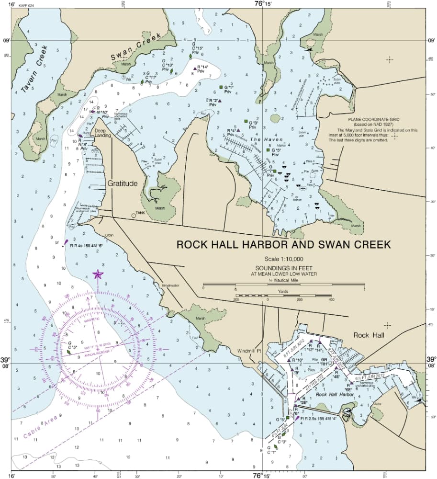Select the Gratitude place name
click(122, 183)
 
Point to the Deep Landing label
click(102, 133)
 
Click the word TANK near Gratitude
click(140, 213)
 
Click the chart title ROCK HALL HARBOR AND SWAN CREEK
click(283, 244)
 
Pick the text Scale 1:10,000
click(283, 259)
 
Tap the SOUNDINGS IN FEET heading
click(283, 268)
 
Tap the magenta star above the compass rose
click(98, 274)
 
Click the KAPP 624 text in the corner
click(27, 5)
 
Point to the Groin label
click(109, 235)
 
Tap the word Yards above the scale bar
click(284, 291)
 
